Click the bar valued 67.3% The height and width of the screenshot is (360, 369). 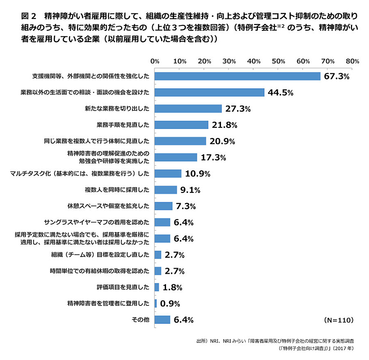[x=238, y=76]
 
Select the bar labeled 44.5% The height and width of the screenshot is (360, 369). [x=209, y=92]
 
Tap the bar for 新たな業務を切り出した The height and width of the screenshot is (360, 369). [x=188, y=108]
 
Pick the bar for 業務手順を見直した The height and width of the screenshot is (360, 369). [x=182, y=125]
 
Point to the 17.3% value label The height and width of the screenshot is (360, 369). [x=213, y=157]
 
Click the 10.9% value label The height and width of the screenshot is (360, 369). [x=197, y=174]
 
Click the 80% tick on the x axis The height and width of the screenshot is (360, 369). [x=352, y=61]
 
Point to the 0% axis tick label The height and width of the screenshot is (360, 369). [x=155, y=61]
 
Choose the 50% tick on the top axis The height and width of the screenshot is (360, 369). [x=278, y=61]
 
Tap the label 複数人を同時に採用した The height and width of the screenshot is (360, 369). [x=117, y=190]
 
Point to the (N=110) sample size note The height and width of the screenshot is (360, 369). [x=339, y=319]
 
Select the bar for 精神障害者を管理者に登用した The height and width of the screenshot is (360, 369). [x=156, y=303]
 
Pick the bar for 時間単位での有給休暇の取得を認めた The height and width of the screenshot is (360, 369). [x=158, y=271]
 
